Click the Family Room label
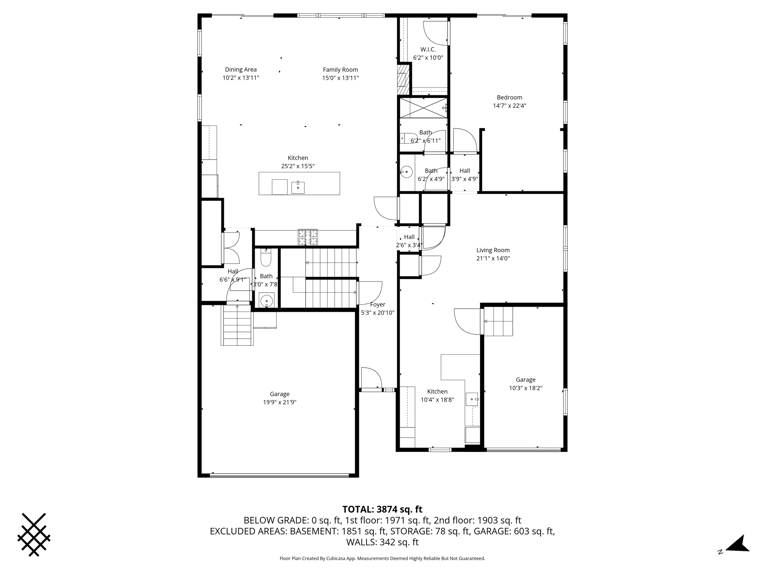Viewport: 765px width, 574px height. pos(340,70)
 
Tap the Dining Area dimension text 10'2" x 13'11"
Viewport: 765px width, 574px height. pos(241,78)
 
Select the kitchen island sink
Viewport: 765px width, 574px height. pos(298,187)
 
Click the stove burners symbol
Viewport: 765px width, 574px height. pos(308,237)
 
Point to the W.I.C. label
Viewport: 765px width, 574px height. pos(428,49)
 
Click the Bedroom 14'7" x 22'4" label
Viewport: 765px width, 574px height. pos(509,102)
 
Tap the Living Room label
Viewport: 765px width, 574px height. pos(493,250)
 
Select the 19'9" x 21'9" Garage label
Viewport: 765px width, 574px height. pos(279,398)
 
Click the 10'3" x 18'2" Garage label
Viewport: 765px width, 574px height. pos(525,384)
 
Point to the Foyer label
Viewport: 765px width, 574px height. pos(377,305)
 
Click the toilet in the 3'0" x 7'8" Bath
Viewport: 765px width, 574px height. pos(266,258)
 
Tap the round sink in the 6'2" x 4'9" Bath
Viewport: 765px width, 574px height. pos(406,172)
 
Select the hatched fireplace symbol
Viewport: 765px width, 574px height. pos(402,80)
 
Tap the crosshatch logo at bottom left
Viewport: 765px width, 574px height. pos(34,534)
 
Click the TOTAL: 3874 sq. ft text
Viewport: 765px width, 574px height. pos(382,509)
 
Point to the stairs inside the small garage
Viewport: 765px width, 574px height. pos(499,321)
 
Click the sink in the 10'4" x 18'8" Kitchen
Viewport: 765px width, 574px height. pos(472,399)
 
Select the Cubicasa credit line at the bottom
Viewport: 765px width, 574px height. pos(382,559)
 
